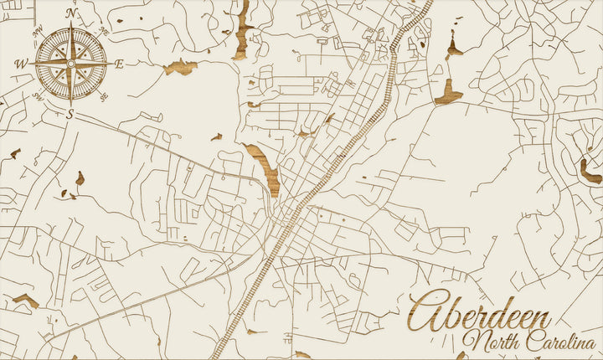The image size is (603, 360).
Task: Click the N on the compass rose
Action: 72,13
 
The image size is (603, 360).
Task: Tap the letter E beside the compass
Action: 119,64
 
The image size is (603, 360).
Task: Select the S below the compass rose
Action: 70,115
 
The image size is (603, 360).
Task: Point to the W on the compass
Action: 21,64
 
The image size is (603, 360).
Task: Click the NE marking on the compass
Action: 103,32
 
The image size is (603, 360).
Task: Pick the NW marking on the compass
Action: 39,32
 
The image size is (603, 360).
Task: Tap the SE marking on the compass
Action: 103,95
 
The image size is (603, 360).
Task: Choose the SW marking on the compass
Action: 39,95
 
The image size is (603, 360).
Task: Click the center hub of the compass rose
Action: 71,63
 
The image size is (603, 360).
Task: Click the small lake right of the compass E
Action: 180,67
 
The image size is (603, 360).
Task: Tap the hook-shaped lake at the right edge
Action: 590,172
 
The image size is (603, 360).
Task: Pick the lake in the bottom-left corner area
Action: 25,300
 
